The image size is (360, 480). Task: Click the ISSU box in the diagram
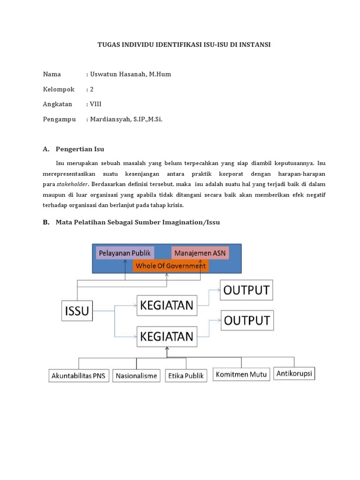tap(77, 310)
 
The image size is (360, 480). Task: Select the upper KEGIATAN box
tap(166, 305)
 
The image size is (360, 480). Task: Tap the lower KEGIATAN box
tap(166, 336)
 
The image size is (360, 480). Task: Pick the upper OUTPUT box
tap(247, 290)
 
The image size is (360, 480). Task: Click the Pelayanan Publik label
tap(124, 253)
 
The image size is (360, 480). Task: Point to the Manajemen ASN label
tap(200, 253)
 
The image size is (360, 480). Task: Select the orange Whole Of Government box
tap(170, 266)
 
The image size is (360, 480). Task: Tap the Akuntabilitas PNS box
tap(78, 376)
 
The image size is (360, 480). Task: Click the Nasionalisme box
tap(136, 376)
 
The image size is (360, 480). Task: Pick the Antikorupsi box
tap(294, 373)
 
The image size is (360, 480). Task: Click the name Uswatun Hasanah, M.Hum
tap(134, 74)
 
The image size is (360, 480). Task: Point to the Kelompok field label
tap(59, 89)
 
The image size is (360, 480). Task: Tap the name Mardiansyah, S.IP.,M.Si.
tap(127, 119)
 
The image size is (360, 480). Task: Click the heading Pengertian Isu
tap(80, 149)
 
